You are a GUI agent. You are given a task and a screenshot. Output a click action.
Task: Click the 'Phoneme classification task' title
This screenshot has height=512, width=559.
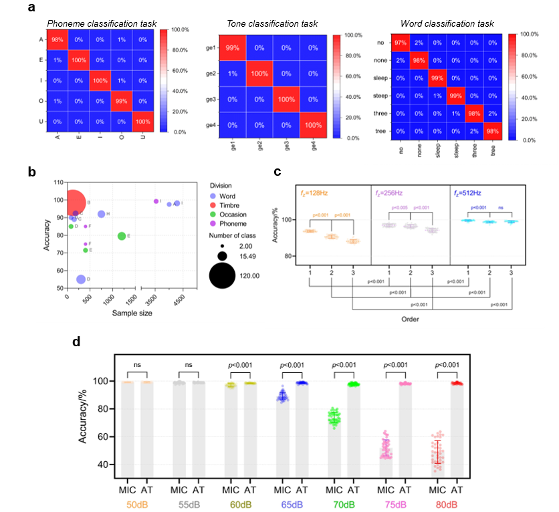click(x=101, y=24)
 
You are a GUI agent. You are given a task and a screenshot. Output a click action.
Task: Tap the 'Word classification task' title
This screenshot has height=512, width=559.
click(x=447, y=24)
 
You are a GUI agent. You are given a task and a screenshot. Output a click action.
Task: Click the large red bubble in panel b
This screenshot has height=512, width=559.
click(x=74, y=201)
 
